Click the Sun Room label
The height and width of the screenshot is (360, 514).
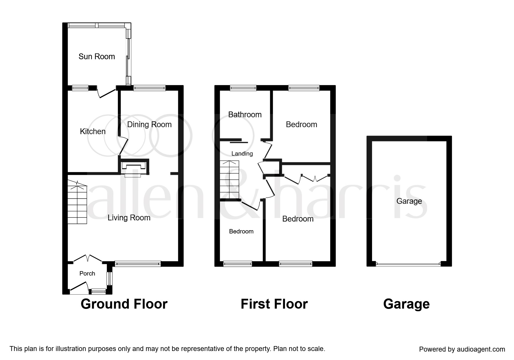pos(97,56)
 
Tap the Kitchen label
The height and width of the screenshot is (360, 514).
pos(93,131)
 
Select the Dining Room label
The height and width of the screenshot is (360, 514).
pos(149,125)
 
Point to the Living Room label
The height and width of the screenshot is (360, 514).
pos(129,218)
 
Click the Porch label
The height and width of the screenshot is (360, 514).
pos(87,273)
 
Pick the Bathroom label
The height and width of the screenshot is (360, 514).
pos(245,114)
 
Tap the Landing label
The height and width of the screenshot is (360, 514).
pos(242,154)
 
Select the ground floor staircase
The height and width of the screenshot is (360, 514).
pos(77,202)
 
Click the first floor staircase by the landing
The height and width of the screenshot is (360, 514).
pos(229,179)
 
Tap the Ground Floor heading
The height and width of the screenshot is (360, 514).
pos(124,304)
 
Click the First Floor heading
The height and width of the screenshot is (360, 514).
pos(274,304)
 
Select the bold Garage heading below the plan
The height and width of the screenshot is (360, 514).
pos(406,304)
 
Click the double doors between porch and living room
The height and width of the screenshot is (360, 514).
pos(87,258)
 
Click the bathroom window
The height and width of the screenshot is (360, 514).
pos(243,88)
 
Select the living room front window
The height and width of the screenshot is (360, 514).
pos(138,264)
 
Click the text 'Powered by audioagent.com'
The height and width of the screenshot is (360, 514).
pos(462,349)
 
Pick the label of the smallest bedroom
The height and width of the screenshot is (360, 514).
pos(241,231)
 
